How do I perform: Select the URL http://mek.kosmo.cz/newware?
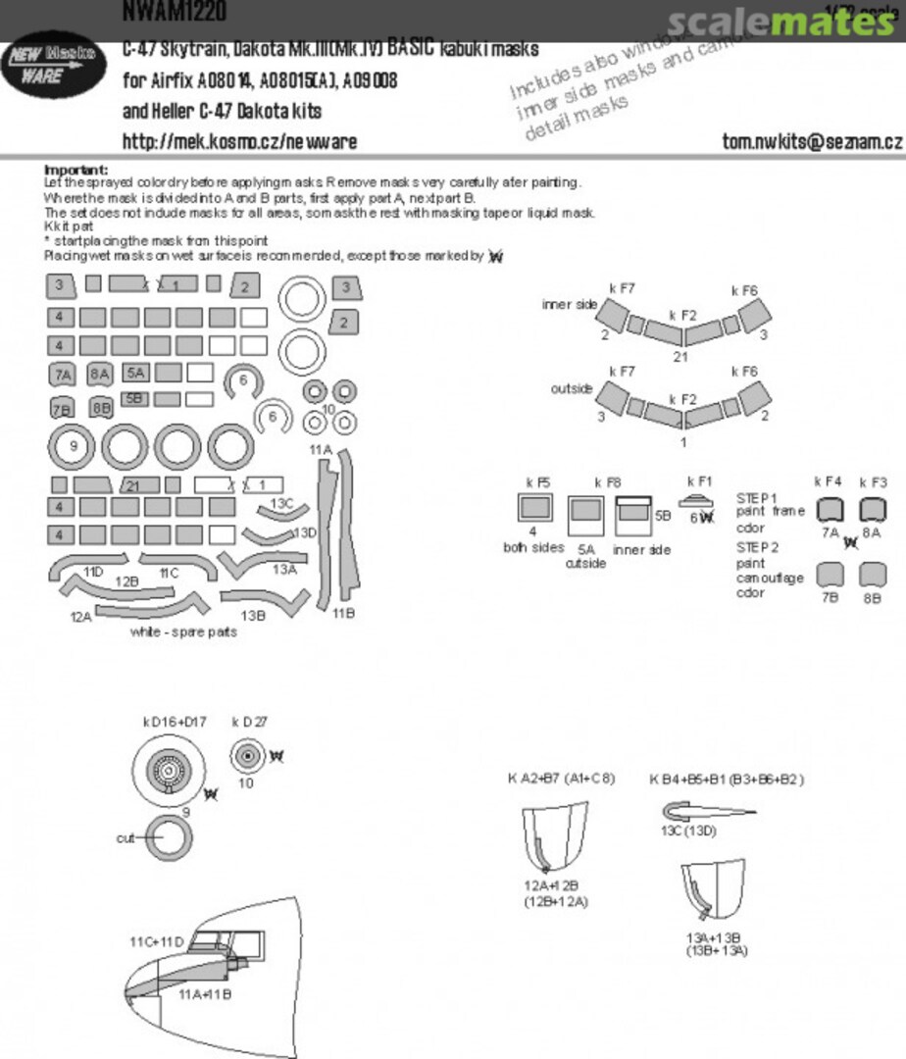point(239,141)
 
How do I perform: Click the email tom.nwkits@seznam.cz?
point(812,141)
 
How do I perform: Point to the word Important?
point(75,170)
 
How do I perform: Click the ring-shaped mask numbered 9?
point(72,447)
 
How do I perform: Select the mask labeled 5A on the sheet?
point(135,373)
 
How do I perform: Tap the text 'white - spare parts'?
point(183,632)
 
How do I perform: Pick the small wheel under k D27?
point(246,756)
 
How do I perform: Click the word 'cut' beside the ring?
point(126,838)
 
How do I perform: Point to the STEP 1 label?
point(757,498)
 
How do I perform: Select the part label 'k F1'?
point(699,481)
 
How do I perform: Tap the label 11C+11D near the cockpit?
point(156,942)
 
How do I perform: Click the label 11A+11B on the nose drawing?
point(204,994)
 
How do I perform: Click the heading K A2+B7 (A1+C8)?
point(561,780)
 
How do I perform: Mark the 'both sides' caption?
point(534,547)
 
